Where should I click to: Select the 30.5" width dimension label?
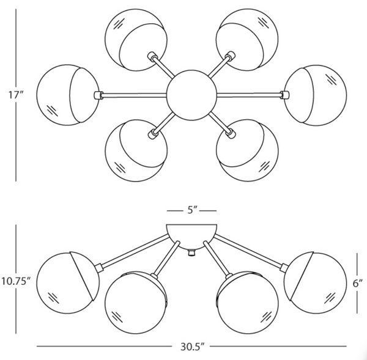(x=191, y=347)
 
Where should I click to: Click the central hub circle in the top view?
(x=191, y=94)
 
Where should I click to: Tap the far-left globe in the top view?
(x=64, y=94)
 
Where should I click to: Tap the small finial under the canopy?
(x=191, y=252)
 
